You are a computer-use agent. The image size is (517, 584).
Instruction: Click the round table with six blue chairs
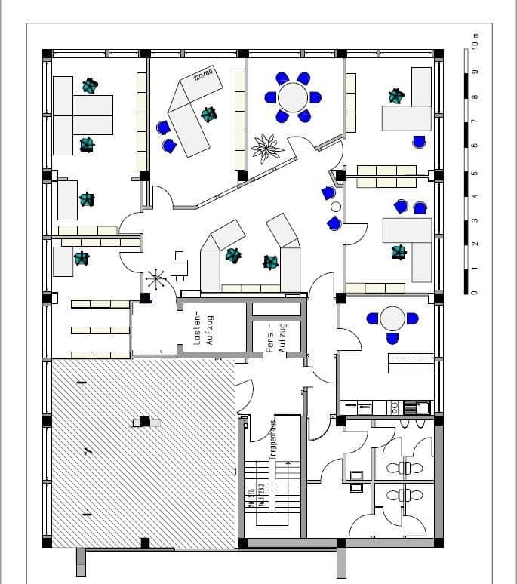click(x=293, y=97)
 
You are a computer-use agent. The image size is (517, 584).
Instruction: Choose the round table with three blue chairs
click(x=392, y=318)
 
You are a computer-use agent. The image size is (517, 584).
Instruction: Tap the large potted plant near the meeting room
click(x=267, y=146)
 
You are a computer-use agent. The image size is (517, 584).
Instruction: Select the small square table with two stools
click(x=180, y=266)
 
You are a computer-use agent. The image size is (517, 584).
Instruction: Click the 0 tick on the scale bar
click(x=475, y=293)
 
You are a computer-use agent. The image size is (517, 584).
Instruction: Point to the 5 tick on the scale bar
click(x=475, y=173)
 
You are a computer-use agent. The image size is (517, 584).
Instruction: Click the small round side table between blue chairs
click(x=336, y=206)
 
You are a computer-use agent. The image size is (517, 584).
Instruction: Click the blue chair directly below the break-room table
click(x=392, y=339)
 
